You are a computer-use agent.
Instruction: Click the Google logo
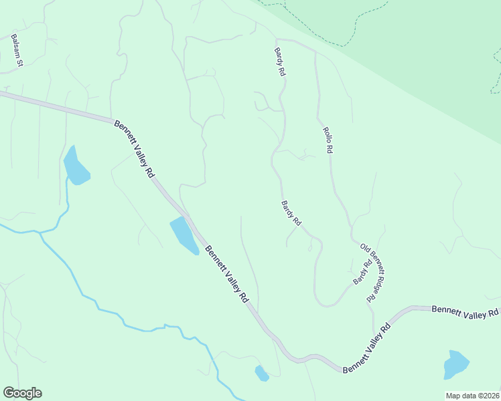click(x=22, y=393)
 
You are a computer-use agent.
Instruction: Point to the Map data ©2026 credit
click(x=472, y=396)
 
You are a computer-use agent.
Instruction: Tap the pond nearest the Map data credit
click(x=456, y=364)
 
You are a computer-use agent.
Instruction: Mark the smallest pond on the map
click(x=261, y=374)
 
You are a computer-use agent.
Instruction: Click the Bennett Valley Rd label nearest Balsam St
click(x=135, y=148)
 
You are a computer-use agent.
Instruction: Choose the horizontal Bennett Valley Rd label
click(x=466, y=311)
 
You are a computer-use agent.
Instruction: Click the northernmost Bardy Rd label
click(x=280, y=61)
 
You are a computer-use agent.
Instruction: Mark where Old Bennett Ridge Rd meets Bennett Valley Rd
click(x=374, y=332)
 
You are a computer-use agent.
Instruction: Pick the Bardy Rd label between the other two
click(x=291, y=213)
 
